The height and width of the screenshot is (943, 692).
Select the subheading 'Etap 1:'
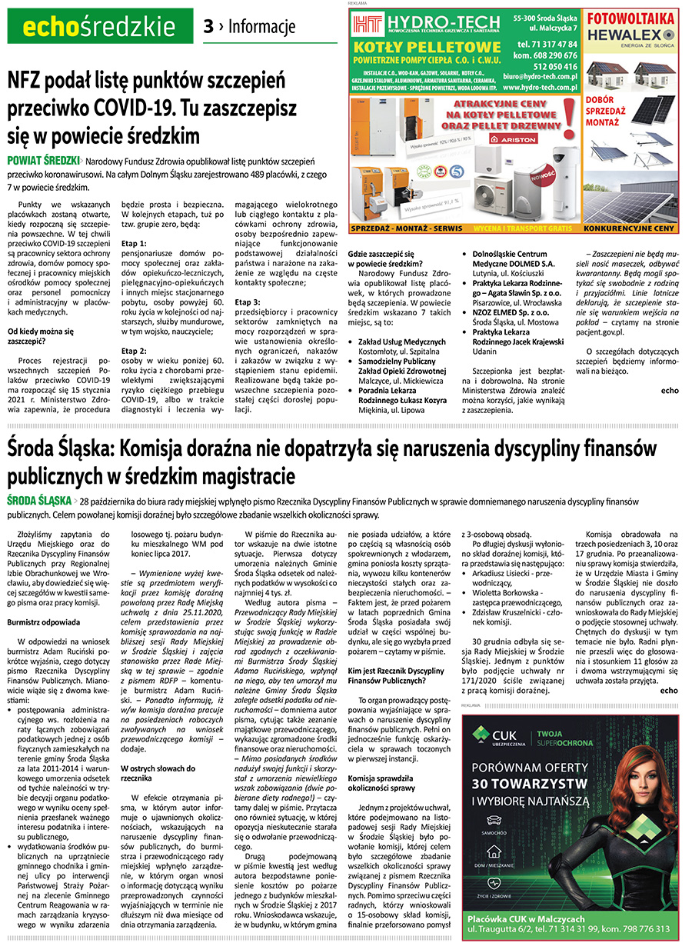click(134, 242)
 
